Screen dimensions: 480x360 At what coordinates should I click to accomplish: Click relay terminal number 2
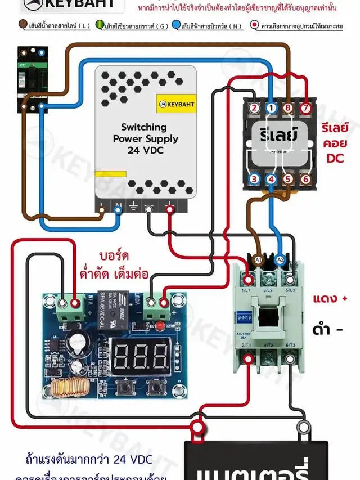click(x=254, y=107)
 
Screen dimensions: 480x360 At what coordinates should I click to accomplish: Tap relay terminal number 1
click(x=271, y=107)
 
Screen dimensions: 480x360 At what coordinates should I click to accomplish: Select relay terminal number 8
click(x=288, y=107)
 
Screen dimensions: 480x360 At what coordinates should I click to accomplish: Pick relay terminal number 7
click(x=305, y=107)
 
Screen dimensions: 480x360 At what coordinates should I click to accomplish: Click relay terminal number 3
click(x=254, y=180)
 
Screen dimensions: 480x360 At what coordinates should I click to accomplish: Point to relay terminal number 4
click(x=271, y=180)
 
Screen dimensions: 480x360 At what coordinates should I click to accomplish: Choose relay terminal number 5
click(x=289, y=180)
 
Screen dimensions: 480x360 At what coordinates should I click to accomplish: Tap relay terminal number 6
click(x=305, y=180)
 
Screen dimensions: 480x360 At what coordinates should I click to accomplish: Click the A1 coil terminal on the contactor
click(x=259, y=259)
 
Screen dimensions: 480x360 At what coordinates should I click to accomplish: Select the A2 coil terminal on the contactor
click(x=280, y=259)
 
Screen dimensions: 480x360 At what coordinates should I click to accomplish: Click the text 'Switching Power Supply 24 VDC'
click(x=145, y=138)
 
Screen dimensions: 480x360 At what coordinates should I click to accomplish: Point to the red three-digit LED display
click(x=141, y=355)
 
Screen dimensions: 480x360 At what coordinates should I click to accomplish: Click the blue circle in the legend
click(x=176, y=25)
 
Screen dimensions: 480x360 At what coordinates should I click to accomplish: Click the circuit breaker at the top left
click(x=33, y=79)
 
